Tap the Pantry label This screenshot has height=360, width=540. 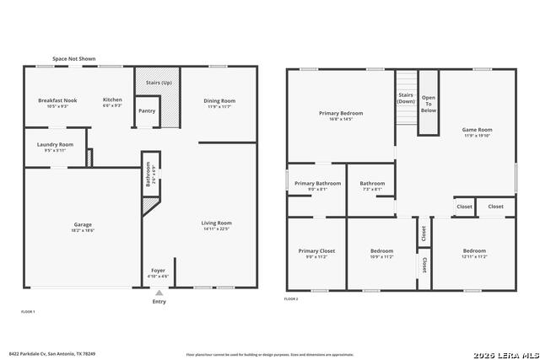pyautogui.click(x=147, y=110)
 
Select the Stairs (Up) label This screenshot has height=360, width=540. pyautogui.click(x=159, y=83)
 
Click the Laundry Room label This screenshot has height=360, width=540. pyautogui.click(x=55, y=144)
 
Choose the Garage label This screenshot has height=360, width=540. pyautogui.click(x=82, y=224)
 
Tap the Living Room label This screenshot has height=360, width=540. pyautogui.click(x=216, y=223)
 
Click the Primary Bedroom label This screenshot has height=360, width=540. pyautogui.click(x=340, y=113)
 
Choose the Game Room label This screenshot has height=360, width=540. pyautogui.click(x=477, y=130)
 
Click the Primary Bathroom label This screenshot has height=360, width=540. pyautogui.click(x=317, y=183)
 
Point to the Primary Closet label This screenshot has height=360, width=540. pyautogui.click(x=316, y=250)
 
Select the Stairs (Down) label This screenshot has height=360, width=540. pyautogui.click(x=407, y=98)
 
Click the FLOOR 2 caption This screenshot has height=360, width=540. pyautogui.click(x=291, y=299)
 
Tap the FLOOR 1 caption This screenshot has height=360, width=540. pyautogui.click(x=28, y=311)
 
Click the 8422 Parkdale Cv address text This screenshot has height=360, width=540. pyautogui.click(x=52, y=353)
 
